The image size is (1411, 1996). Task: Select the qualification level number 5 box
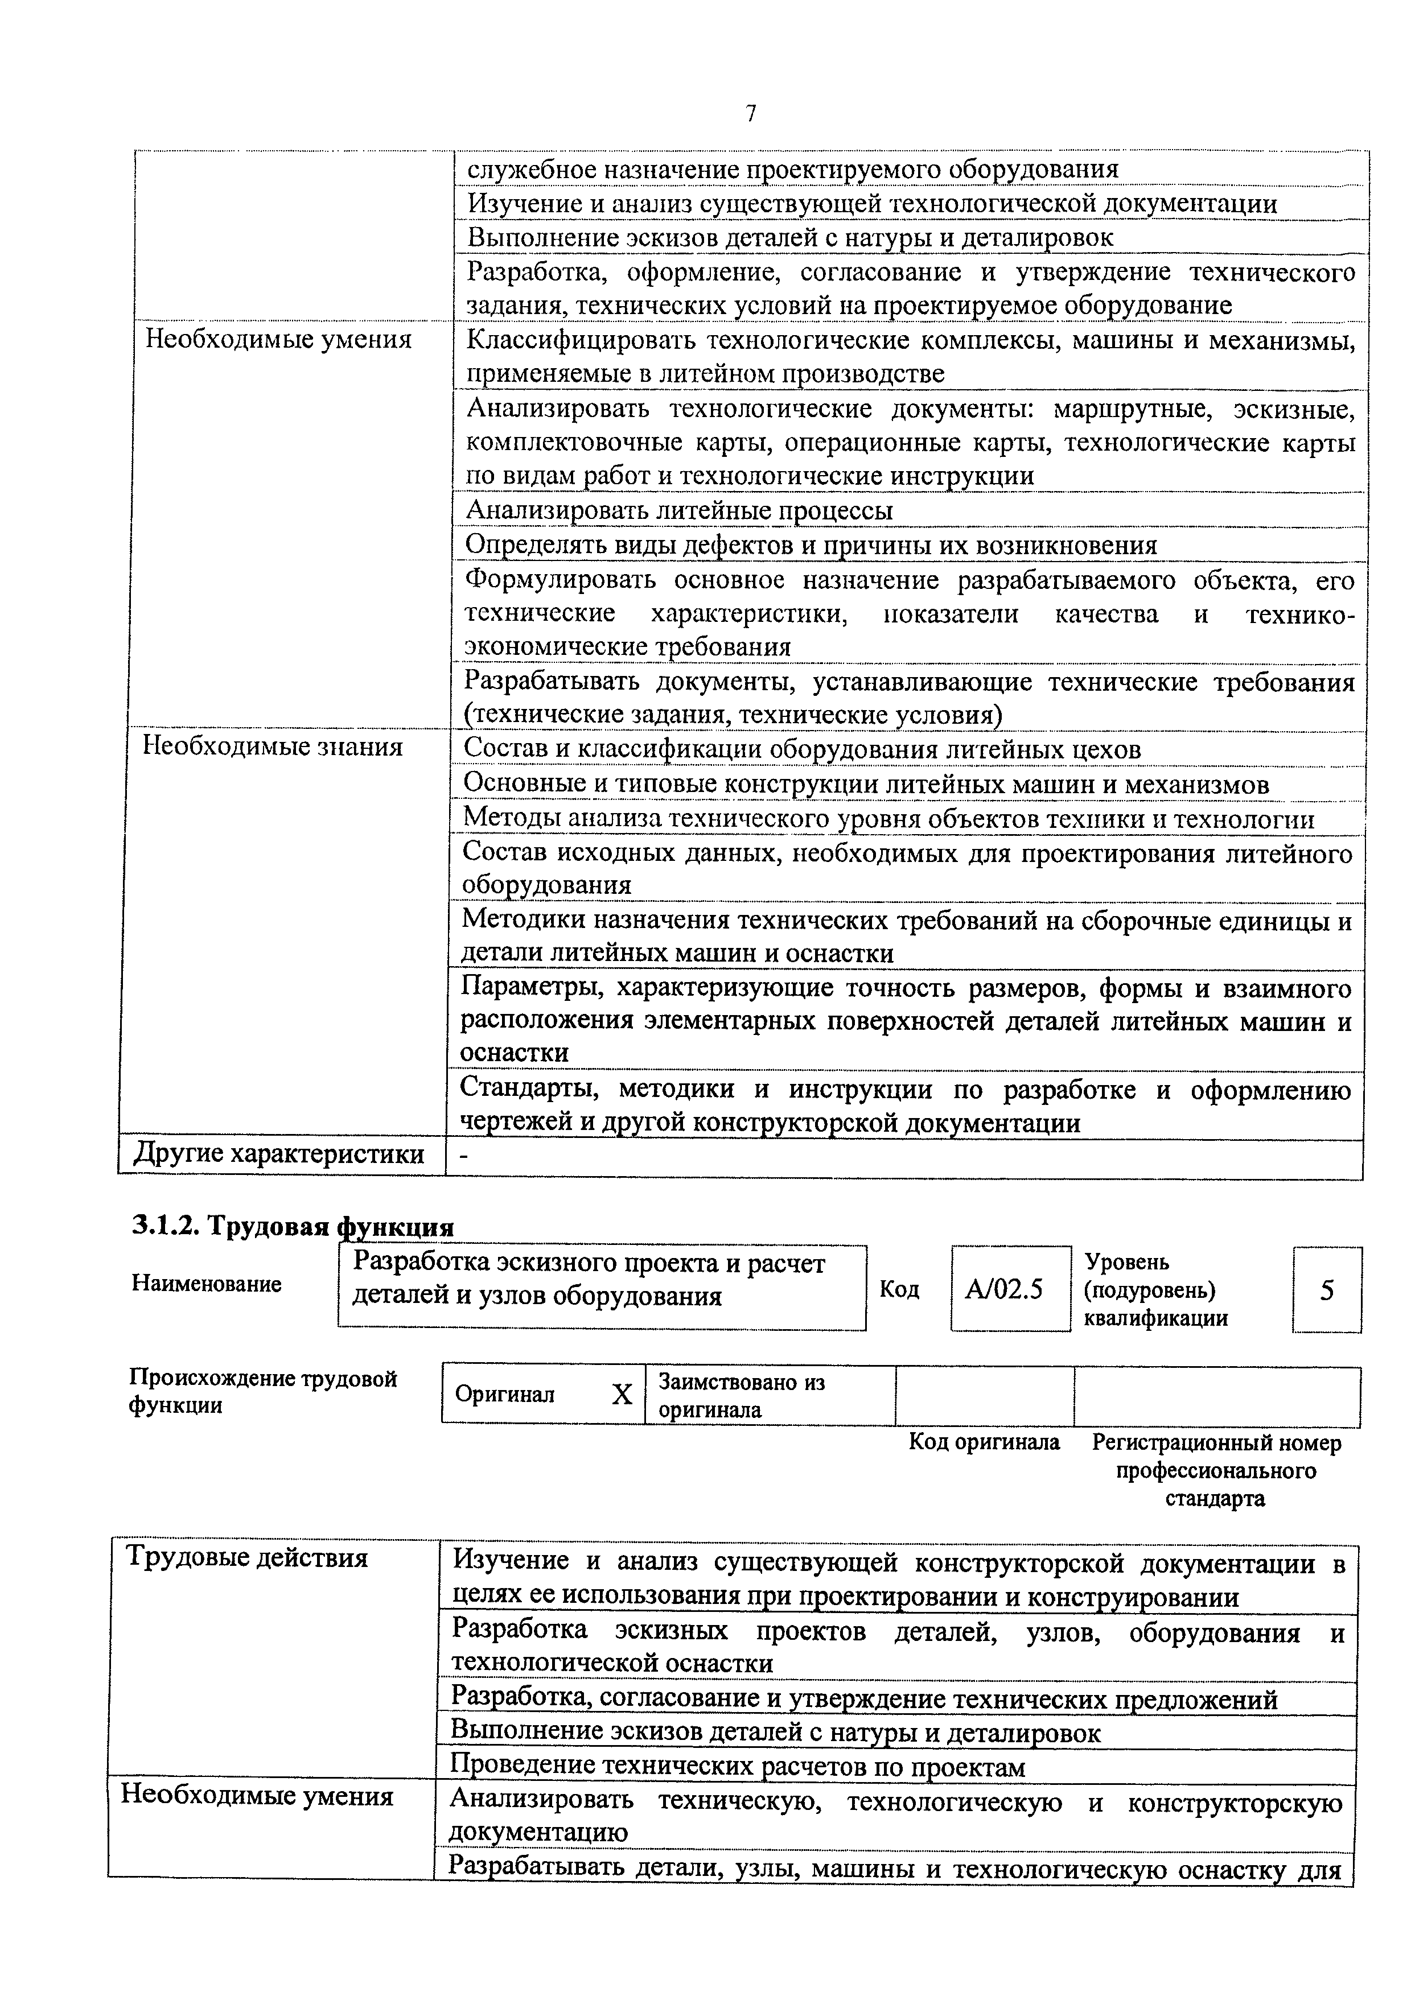click(1327, 1290)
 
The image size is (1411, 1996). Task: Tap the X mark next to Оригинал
click(622, 1395)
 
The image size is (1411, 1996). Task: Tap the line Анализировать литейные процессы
click(679, 510)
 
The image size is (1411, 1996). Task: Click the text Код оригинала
click(984, 1442)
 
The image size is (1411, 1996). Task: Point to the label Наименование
click(207, 1284)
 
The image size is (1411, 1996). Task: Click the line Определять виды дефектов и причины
click(811, 545)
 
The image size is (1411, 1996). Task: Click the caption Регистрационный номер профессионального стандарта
click(1215, 1470)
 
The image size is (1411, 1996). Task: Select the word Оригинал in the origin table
click(504, 1395)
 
